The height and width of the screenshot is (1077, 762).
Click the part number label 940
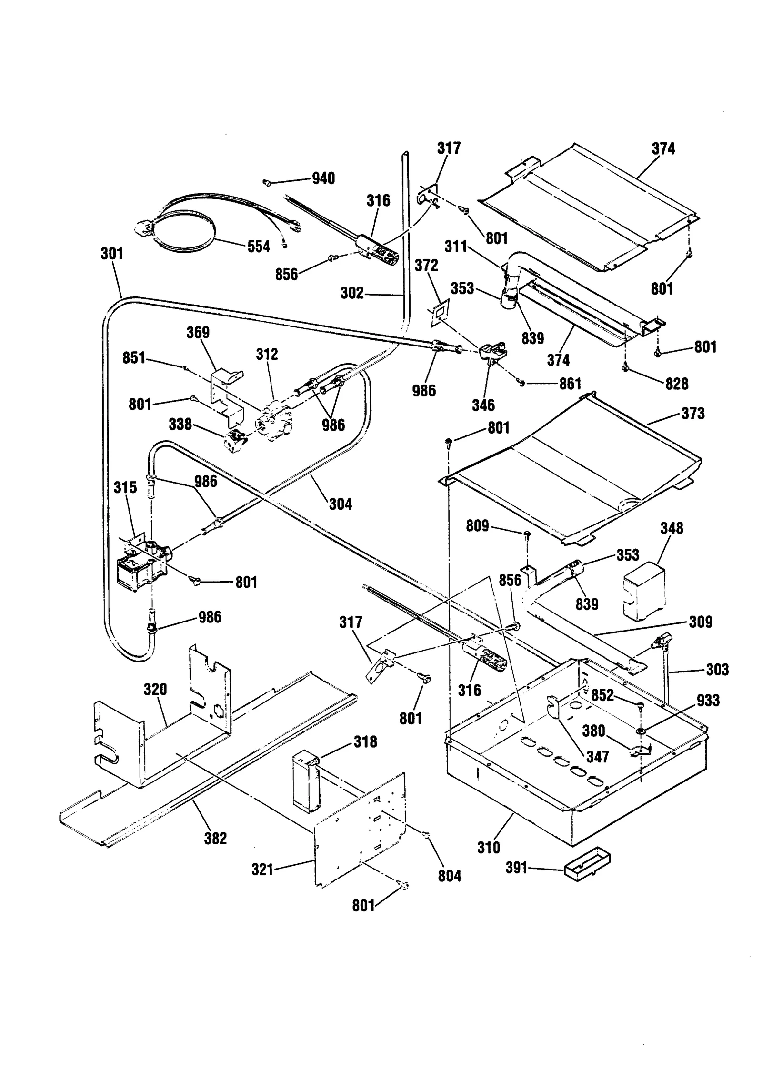tap(323, 178)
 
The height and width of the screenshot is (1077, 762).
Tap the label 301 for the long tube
tap(112, 253)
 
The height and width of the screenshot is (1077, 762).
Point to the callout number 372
tap(426, 265)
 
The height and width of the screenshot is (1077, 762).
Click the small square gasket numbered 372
tap(438, 312)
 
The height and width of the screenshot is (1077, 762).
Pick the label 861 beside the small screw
tap(570, 384)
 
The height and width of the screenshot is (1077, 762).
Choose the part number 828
tap(677, 384)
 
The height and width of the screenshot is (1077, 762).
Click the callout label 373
tap(692, 413)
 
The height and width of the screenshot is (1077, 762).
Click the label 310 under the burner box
tap(489, 847)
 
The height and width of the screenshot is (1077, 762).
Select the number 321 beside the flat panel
tap(262, 870)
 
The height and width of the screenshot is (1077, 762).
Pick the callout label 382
tap(215, 839)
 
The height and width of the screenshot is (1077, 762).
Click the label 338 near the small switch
tap(180, 424)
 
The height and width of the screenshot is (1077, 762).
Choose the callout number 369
tap(198, 332)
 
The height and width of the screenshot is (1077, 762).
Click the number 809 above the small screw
tap(477, 526)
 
